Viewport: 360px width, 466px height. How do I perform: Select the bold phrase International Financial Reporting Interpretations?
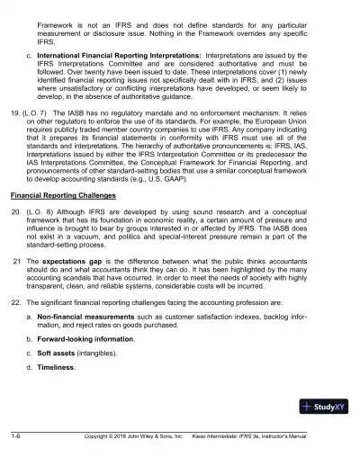[123, 54]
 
